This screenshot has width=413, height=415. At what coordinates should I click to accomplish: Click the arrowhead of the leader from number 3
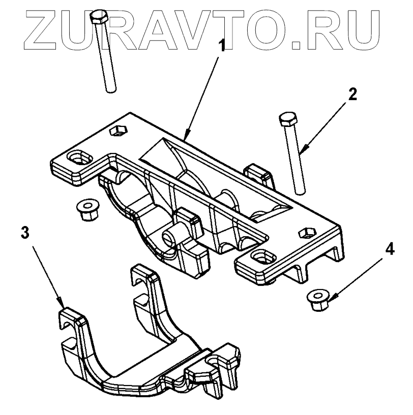[x=63, y=305]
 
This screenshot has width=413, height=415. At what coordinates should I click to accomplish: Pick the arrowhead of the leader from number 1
[x=186, y=139]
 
